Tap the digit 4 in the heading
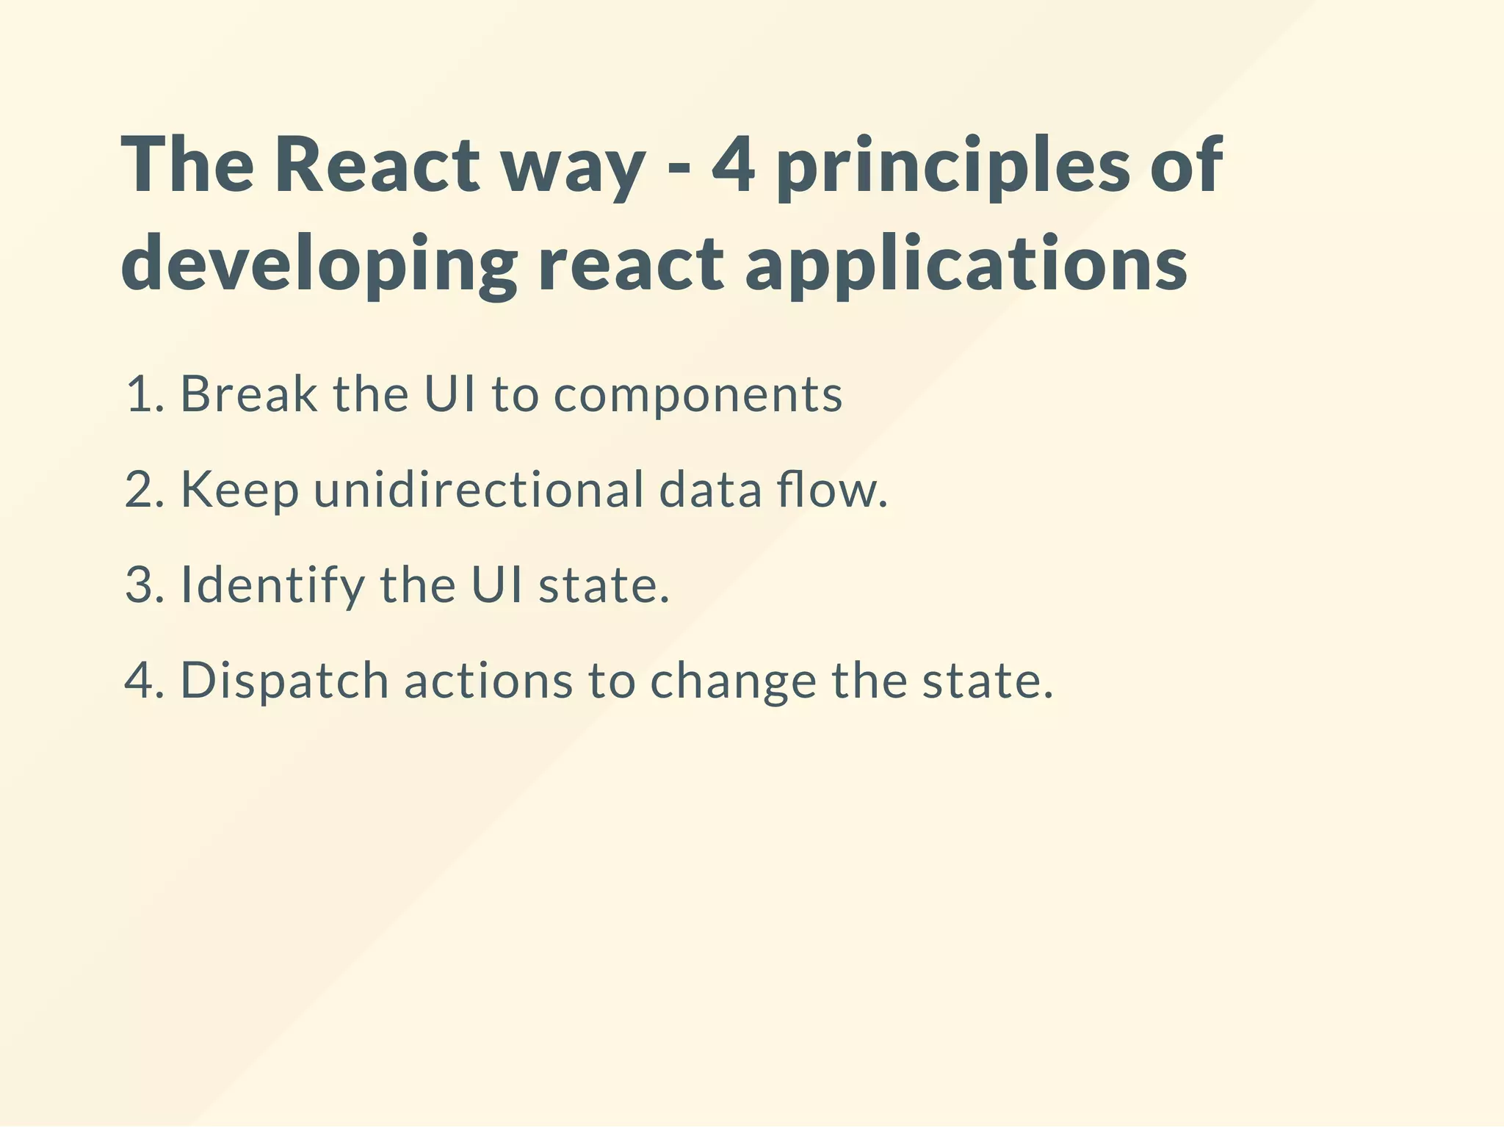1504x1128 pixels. (x=733, y=165)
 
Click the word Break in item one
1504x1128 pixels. (x=249, y=394)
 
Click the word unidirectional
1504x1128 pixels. (x=478, y=490)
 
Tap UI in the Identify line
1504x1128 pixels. (x=497, y=585)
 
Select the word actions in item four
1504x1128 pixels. (x=488, y=681)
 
